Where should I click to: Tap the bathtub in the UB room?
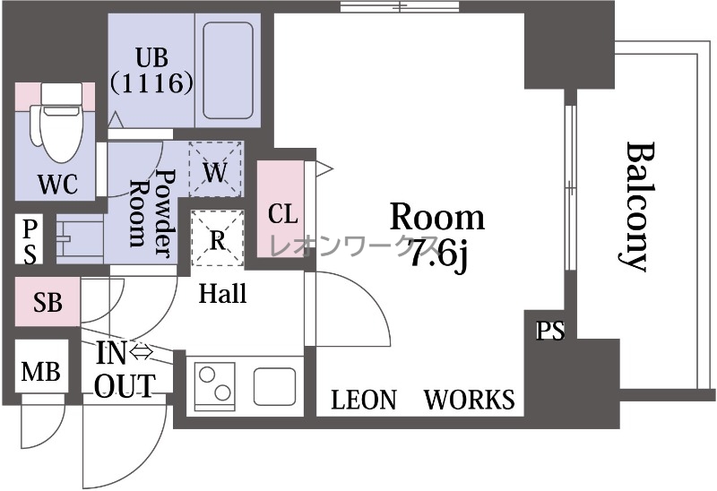228,70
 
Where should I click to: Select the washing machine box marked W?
215,169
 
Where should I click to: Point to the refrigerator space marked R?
217,237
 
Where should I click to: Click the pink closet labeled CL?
281,209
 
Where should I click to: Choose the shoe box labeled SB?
48,301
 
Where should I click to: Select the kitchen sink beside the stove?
274,386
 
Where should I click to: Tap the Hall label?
222,293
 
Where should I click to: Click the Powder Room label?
151,214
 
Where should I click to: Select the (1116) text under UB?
151,82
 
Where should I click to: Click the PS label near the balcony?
550,331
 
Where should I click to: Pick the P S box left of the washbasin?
30,239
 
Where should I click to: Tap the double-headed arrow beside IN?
141,352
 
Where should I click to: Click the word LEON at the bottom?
364,400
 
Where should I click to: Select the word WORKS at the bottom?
469,400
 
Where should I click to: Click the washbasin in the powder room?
80,239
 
